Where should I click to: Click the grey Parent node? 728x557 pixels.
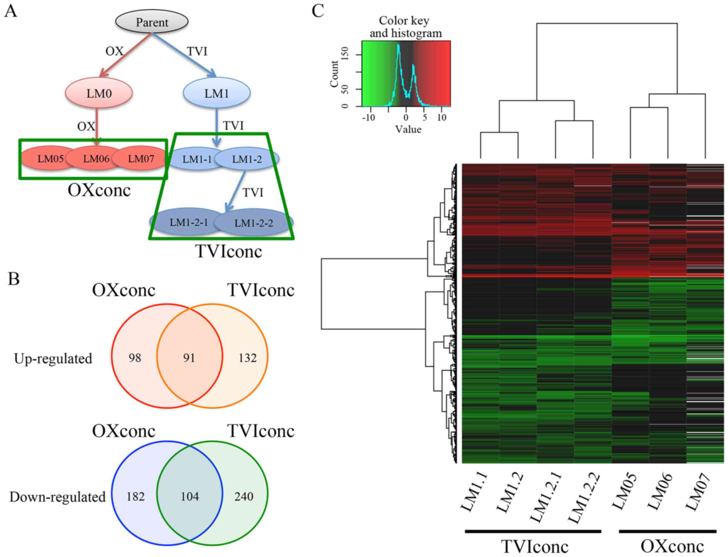[x=152, y=22]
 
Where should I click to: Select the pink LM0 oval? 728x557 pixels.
[x=99, y=93]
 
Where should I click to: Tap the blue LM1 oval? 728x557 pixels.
[x=216, y=93]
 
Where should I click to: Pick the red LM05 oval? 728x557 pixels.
[x=50, y=159]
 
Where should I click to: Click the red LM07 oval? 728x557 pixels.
[x=141, y=159]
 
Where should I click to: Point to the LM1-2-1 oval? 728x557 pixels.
[x=188, y=222]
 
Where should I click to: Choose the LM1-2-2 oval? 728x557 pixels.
[x=254, y=223]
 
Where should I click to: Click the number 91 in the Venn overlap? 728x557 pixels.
[x=189, y=358]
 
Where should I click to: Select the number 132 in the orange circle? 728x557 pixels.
[x=247, y=358]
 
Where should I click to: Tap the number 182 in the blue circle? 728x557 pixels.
[x=136, y=496]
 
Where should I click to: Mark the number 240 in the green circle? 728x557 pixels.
[x=244, y=496]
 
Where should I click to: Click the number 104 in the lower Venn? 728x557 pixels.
[x=190, y=496]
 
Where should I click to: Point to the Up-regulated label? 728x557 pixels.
[x=53, y=359]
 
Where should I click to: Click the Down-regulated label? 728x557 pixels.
[x=57, y=497]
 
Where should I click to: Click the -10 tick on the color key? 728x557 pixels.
[x=368, y=118]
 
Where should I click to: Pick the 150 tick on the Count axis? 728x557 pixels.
[x=345, y=53]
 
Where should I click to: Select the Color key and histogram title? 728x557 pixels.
[x=405, y=27]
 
